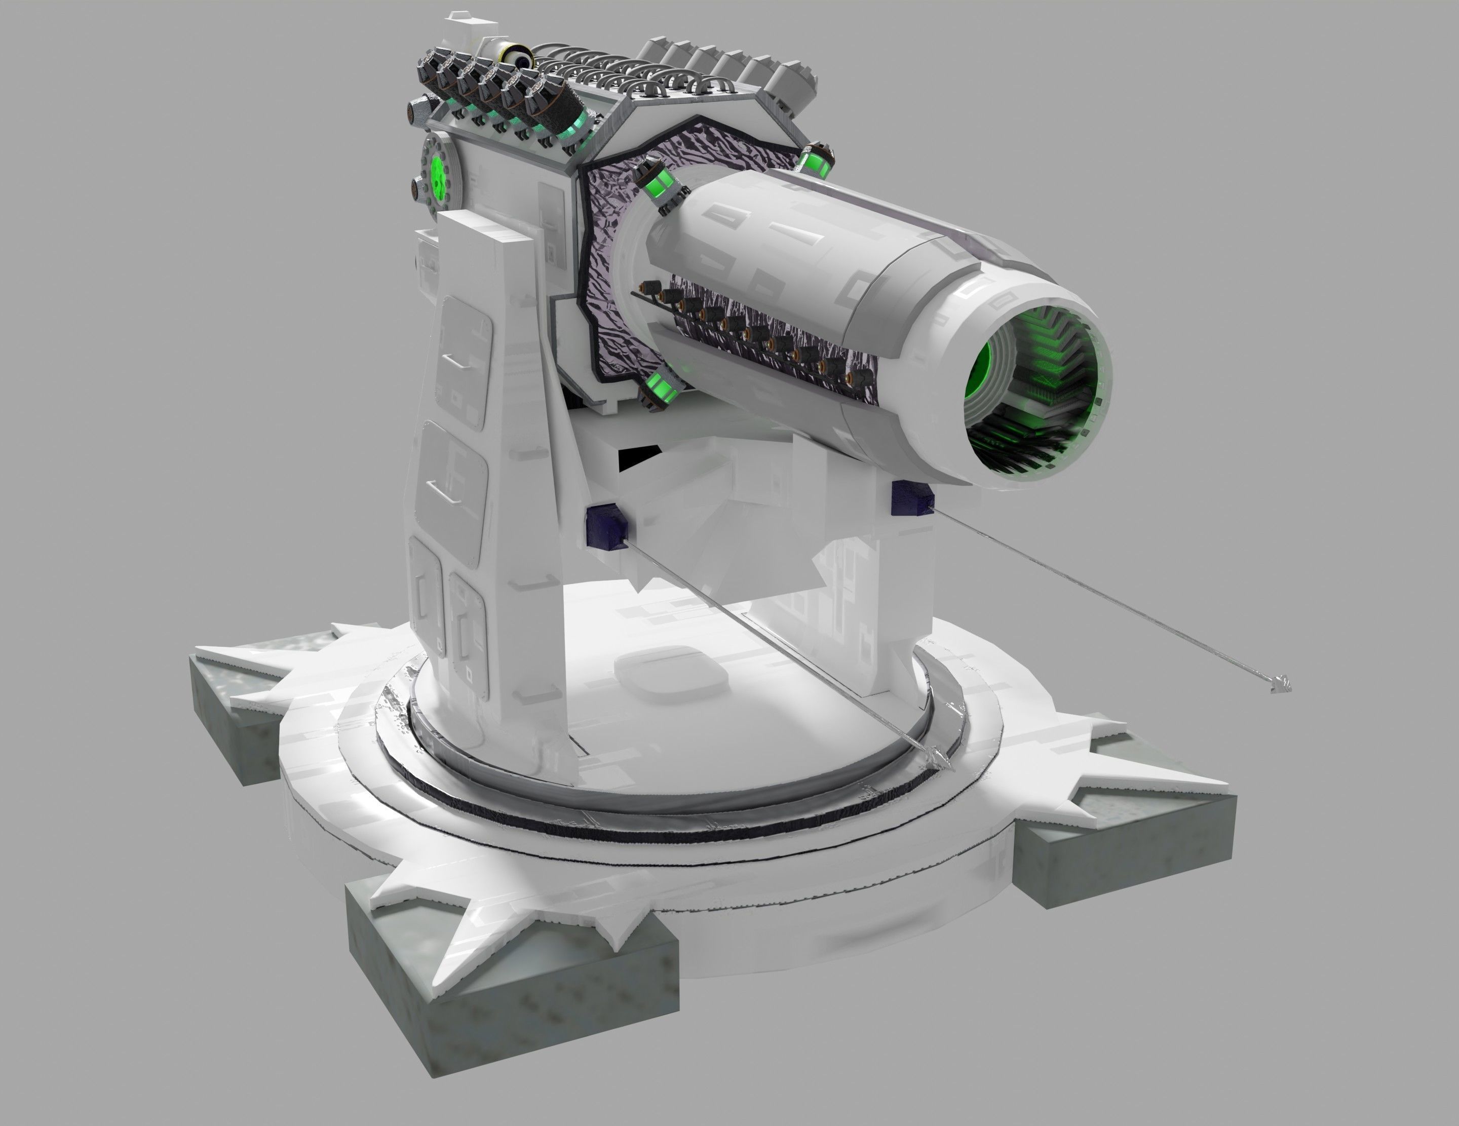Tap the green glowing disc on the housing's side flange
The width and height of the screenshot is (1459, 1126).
coord(438,175)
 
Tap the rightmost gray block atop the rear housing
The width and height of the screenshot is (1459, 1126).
coord(795,80)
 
